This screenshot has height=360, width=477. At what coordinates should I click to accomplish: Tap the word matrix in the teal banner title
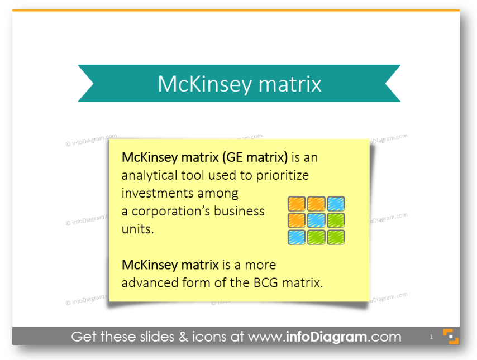289,84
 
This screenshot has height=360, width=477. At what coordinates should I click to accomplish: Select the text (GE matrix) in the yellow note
255,157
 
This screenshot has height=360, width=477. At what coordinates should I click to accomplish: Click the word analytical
149,175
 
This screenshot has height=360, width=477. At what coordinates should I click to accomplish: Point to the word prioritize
282,175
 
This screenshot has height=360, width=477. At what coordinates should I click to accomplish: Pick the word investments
157,193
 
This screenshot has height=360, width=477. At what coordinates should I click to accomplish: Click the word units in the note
137,229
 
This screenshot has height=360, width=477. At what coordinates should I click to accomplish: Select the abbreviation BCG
266,283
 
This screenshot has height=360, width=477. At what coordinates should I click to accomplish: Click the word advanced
150,283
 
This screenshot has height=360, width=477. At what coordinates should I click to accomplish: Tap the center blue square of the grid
316,220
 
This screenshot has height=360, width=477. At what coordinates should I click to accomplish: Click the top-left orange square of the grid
297,204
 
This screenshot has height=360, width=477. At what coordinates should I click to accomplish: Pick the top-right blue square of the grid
336,204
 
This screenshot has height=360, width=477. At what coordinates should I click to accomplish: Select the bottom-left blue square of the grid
297,237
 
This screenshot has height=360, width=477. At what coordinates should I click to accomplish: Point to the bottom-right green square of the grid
336,237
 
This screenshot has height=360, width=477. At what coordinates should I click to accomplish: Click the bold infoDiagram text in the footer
326,337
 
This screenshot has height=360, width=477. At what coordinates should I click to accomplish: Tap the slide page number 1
431,337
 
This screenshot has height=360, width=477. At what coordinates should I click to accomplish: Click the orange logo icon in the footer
451,337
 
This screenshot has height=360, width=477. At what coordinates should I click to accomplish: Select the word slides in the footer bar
157,337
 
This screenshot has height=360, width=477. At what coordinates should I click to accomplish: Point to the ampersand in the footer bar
183,337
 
